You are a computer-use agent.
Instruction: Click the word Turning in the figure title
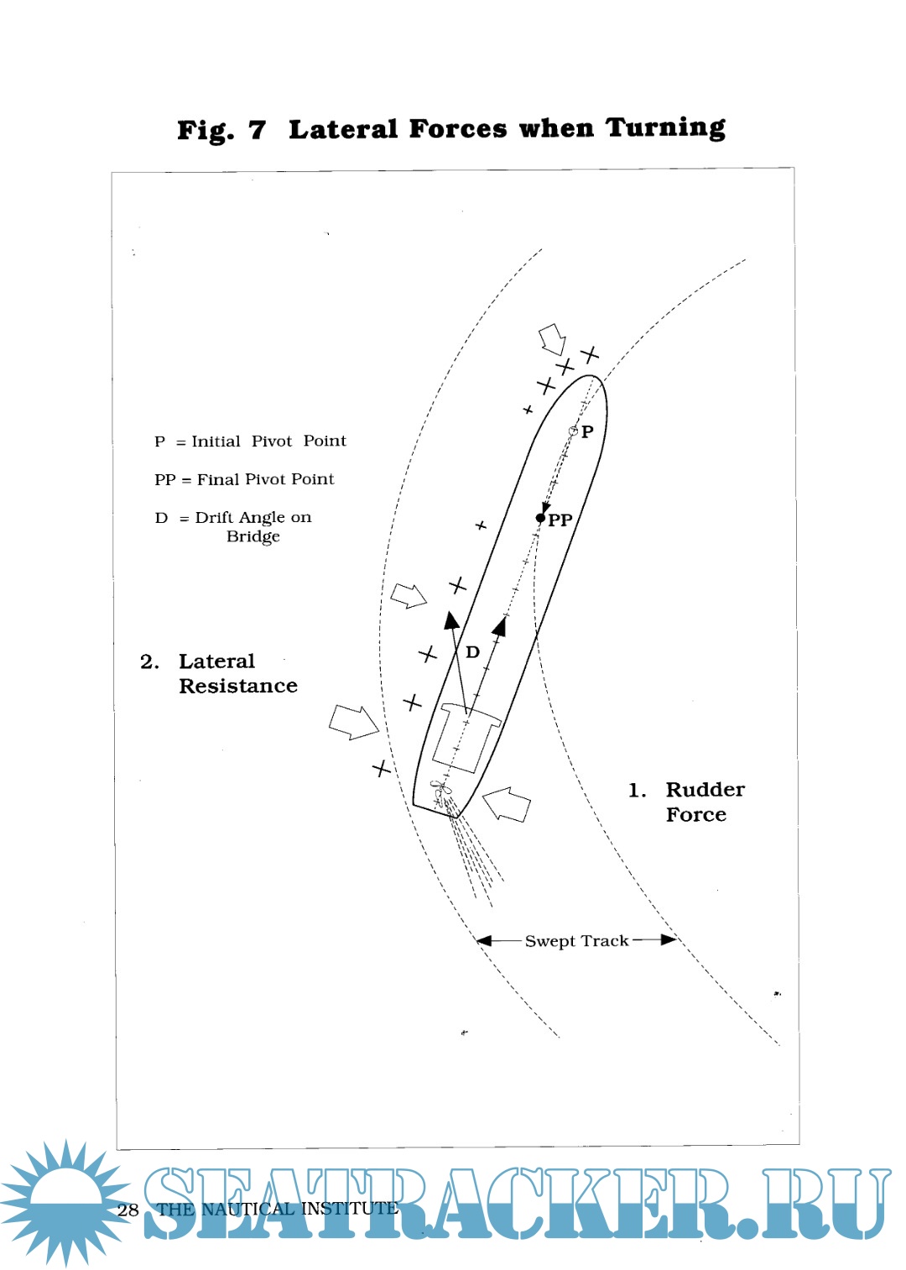click(665, 128)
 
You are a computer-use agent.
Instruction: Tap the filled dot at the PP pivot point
click(540, 518)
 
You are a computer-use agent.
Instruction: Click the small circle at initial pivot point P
click(574, 431)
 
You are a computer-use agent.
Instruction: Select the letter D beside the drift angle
click(473, 652)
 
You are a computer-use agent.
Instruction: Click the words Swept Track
click(576, 941)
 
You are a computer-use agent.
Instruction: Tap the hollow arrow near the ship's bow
click(552, 339)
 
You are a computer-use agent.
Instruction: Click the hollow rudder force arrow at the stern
click(508, 804)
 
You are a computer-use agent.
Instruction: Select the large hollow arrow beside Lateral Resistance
click(353, 721)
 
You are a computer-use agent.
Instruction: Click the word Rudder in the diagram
click(705, 790)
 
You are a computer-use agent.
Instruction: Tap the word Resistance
click(238, 687)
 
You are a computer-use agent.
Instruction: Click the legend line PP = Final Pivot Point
click(244, 479)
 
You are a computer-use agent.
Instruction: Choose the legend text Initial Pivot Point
click(268, 442)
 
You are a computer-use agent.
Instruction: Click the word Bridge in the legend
click(253, 537)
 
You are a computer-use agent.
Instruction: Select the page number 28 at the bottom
click(128, 1210)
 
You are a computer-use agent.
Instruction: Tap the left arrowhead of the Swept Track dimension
click(484, 940)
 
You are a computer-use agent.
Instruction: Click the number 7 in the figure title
click(257, 130)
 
